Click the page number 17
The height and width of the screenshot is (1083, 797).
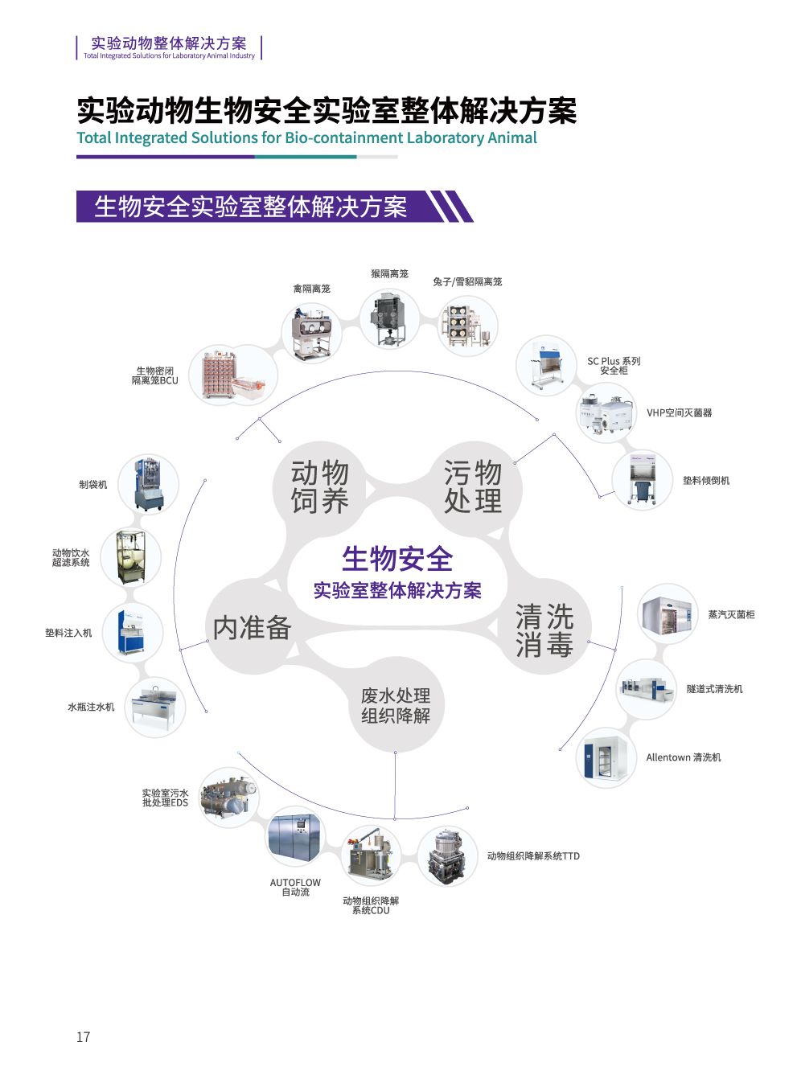click(x=83, y=1037)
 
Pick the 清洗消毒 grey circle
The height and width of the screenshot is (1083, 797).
click(x=544, y=631)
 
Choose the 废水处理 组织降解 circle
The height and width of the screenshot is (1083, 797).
click(x=396, y=705)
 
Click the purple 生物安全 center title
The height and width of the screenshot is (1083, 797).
click(x=397, y=559)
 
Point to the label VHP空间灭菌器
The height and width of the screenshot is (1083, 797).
click(x=679, y=413)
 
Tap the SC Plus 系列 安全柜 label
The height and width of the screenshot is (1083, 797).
click(x=614, y=366)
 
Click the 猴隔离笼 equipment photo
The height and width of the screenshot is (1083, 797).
click(x=389, y=319)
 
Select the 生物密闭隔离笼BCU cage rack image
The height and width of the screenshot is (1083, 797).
click(x=233, y=375)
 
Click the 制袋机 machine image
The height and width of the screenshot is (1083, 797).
click(x=149, y=484)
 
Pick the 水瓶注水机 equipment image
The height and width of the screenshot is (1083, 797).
click(x=155, y=708)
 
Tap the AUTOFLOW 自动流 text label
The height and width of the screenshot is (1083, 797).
click(x=295, y=887)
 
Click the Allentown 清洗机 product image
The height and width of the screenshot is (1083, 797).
click(x=606, y=758)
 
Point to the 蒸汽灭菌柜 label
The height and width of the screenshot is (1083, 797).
click(x=731, y=615)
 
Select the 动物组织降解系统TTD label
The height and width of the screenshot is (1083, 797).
click(x=533, y=856)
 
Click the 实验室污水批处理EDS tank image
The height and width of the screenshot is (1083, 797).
click(x=229, y=797)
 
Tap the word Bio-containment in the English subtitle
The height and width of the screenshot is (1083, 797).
click(x=344, y=137)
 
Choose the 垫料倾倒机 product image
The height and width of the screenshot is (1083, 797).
click(x=642, y=480)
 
